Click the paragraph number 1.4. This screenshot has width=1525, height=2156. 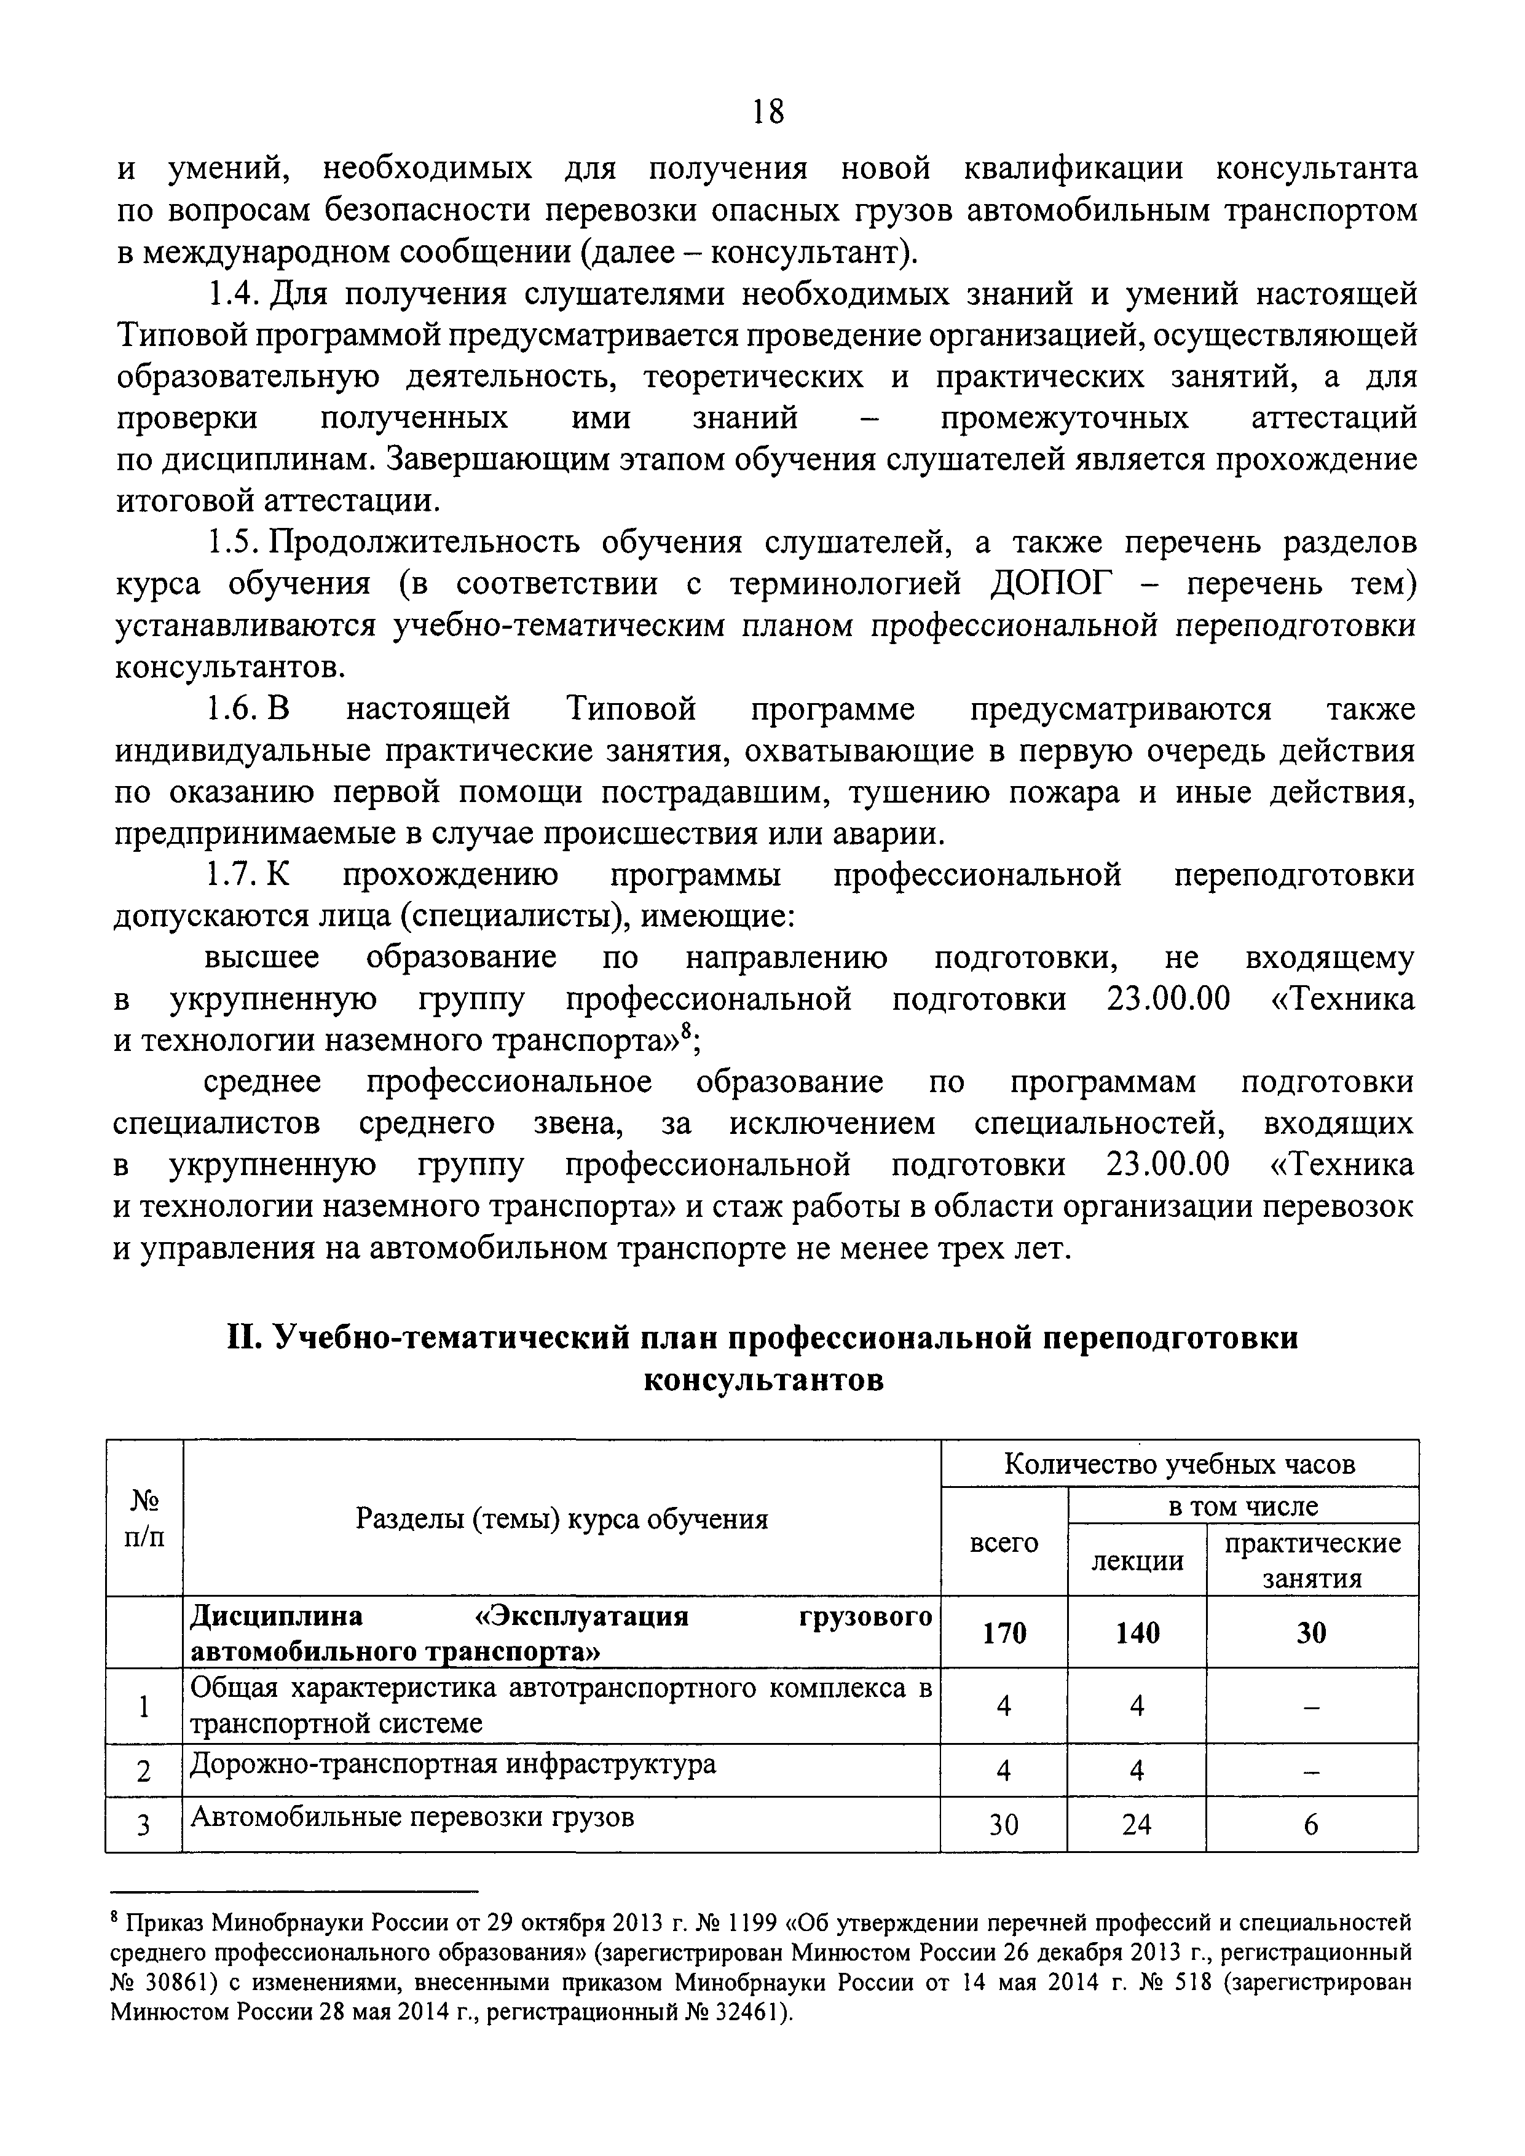230,295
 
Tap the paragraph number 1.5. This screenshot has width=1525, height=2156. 230,543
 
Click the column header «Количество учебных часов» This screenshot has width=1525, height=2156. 1180,1464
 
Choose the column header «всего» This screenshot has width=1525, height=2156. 1003,1542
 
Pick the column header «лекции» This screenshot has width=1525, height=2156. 1137,1560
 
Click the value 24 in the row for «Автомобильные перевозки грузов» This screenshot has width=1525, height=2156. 1137,1825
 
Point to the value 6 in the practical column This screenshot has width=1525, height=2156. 1312,1825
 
